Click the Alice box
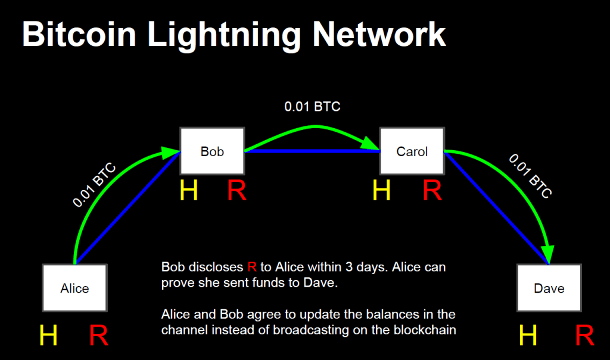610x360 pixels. coord(74,288)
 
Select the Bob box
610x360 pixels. coord(212,151)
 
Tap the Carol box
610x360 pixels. coord(412,151)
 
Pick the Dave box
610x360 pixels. coord(549,288)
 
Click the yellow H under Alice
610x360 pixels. coord(48,336)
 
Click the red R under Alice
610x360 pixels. coord(99,336)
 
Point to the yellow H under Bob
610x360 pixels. coord(189,191)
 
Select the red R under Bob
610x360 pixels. coord(236,191)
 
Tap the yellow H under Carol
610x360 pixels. coord(382,191)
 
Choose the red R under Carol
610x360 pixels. coord(432,191)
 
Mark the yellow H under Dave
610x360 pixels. coord(528,336)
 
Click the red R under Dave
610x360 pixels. coord(585,336)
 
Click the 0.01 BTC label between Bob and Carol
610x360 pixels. coord(312,107)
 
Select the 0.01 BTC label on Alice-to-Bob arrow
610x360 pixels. coord(95,184)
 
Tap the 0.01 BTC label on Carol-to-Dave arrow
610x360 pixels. coord(530,176)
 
